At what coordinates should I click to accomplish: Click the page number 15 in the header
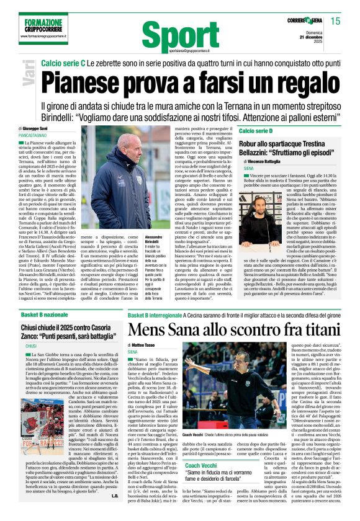pyautogui.click(x=336, y=21)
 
